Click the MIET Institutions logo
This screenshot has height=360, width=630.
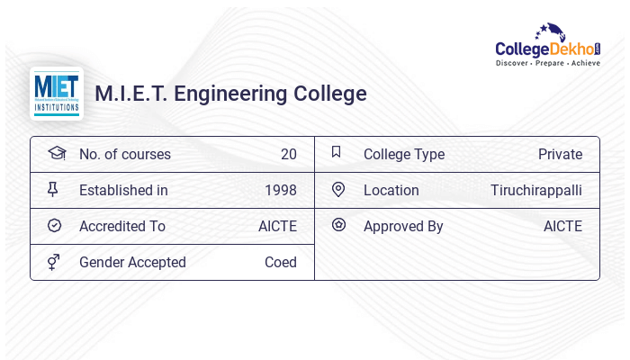tap(57, 94)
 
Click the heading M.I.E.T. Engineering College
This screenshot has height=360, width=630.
tap(230, 94)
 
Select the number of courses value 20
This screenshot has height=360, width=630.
tap(288, 154)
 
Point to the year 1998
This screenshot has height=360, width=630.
tap(280, 190)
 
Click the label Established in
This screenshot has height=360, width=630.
tap(123, 190)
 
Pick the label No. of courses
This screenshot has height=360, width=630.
tap(124, 154)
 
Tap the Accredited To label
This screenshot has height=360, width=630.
tap(122, 226)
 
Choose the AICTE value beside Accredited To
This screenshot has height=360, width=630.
tap(277, 226)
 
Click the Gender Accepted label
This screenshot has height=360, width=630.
tap(132, 262)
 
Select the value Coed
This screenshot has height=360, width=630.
tap(280, 262)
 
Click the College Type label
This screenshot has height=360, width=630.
tap(404, 154)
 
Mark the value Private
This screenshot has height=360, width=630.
tap(560, 154)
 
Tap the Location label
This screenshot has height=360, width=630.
tap(391, 190)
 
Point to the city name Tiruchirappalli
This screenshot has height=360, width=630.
tap(536, 190)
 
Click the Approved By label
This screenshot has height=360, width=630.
tap(403, 226)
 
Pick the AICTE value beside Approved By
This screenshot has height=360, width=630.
tap(562, 226)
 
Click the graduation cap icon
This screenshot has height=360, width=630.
tap(57, 153)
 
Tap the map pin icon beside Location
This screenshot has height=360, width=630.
tap(338, 189)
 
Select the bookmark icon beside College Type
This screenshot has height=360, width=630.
tap(337, 152)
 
